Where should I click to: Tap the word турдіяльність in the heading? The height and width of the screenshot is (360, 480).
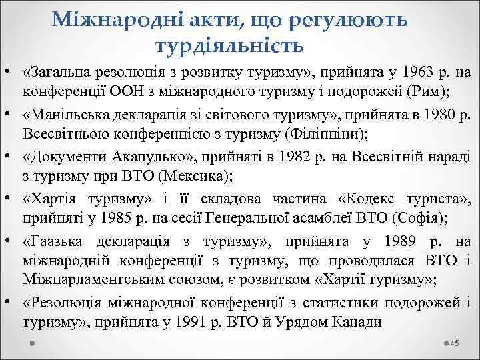click(229, 46)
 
